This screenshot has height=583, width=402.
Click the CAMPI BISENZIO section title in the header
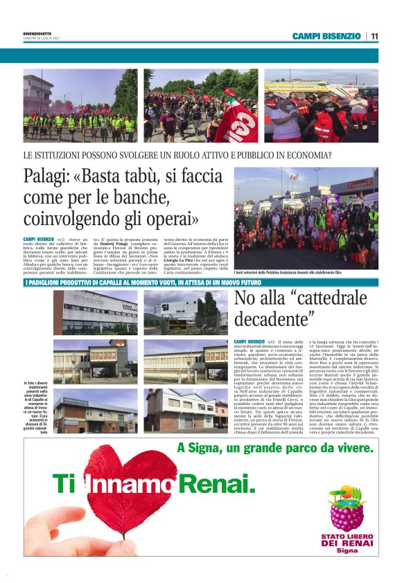[326, 36]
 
